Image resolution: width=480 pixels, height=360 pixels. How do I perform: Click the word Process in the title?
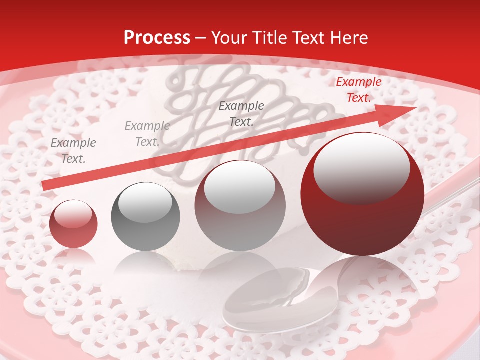157,38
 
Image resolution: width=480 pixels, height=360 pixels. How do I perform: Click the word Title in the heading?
267,38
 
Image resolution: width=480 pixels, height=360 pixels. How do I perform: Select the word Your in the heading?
228,38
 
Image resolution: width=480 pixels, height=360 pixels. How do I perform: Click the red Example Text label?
358,90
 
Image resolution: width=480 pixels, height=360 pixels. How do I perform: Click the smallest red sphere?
73,223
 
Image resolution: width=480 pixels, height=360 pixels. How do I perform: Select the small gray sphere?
145,216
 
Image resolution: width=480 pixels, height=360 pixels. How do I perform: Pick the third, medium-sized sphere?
240,205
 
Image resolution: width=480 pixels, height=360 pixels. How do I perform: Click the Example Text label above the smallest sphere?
73,151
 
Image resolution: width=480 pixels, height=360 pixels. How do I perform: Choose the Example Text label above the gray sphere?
147,134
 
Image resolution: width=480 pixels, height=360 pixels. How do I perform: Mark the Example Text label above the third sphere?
241,113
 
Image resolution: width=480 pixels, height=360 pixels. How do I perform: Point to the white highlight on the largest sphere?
361,167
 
